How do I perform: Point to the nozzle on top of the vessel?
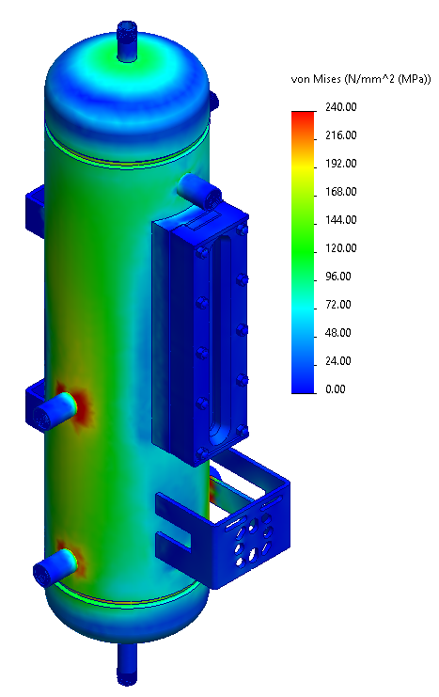[x=128, y=42]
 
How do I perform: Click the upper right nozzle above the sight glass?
[x=200, y=190]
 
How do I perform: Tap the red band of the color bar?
[x=303, y=115]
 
